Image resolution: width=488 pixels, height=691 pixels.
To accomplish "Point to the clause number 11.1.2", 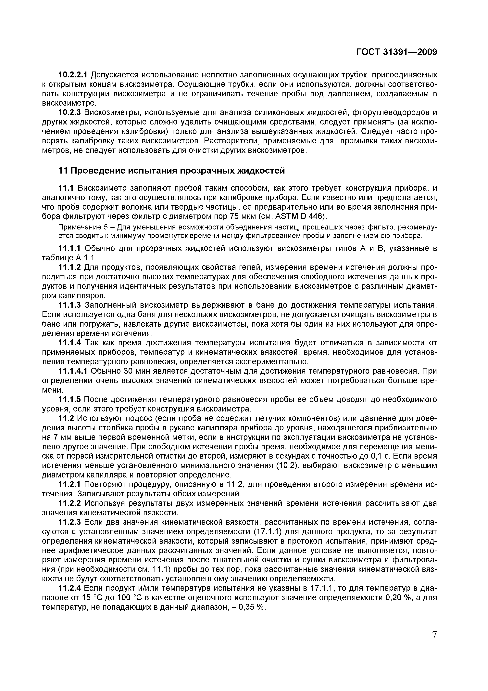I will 69,267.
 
